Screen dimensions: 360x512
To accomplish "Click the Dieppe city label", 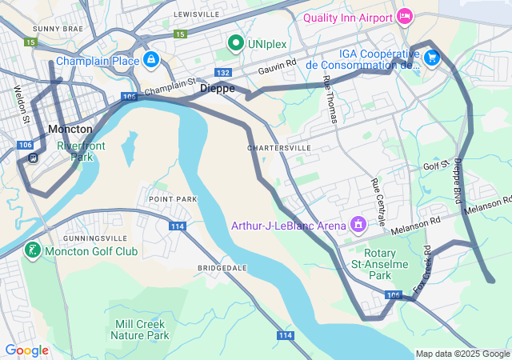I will [x=218, y=88].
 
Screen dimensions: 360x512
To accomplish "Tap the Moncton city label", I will [x=70, y=129].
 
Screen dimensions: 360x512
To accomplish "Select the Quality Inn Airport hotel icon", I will [x=405, y=16].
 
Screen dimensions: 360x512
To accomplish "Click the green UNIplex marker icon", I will [x=236, y=42].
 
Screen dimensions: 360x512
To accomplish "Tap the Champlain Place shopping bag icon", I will [x=150, y=59].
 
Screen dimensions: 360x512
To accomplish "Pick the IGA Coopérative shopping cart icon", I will [x=432, y=57].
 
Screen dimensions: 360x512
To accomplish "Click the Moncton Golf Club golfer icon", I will [x=32, y=251].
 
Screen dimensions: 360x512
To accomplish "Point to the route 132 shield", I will [x=224, y=73].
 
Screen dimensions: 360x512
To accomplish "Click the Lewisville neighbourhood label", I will [x=197, y=14].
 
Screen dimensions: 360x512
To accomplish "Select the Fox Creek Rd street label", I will [x=421, y=268].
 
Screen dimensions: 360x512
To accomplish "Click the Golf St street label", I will [x=437, y=166].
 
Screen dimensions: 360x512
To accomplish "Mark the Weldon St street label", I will [x=21, y=105].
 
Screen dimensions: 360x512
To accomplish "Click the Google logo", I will [x=26, y=350].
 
